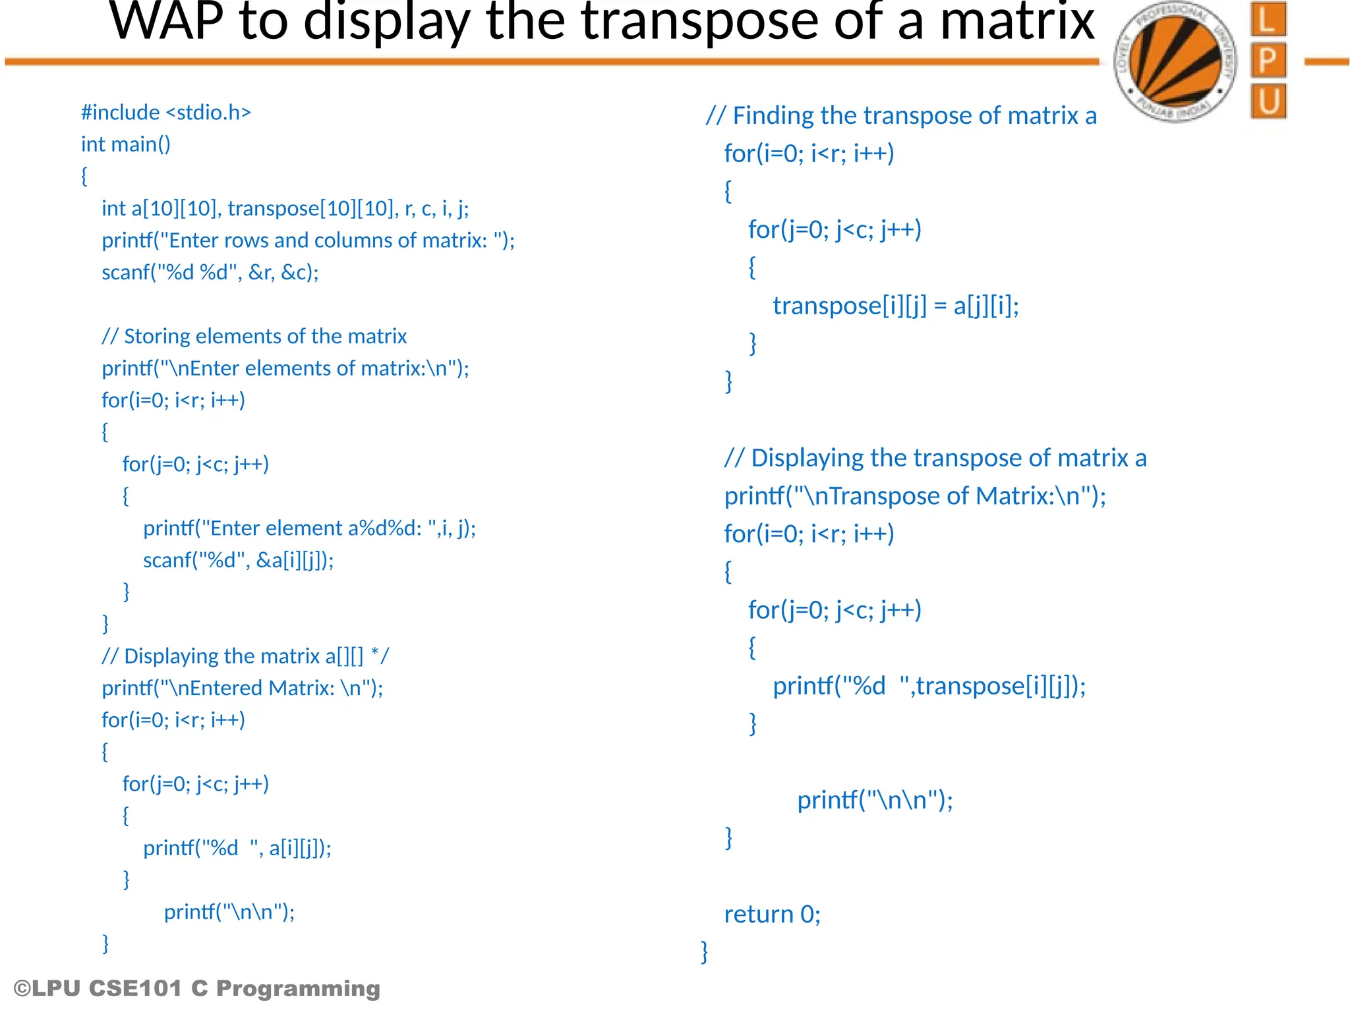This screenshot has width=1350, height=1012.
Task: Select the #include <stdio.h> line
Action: click(x=166, y=113)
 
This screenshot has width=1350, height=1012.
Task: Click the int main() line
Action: click(x=126, y=144)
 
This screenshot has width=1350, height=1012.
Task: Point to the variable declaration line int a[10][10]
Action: click(x=285, y=208)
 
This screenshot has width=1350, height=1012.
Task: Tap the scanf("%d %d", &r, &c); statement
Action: click(x=210, y=272)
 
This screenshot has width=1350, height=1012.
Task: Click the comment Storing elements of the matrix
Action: click(x=254, y=336)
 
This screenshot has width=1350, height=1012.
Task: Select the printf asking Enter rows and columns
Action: click(x=308, y=240)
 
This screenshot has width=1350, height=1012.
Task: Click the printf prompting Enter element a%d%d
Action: click(x=309, y=528)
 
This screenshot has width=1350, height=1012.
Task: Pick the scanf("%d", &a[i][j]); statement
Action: click(x=238, y=560)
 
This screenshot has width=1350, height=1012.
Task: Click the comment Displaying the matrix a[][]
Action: click(x=245, y=656)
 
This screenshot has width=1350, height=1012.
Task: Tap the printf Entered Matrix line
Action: click(x=242, y=688)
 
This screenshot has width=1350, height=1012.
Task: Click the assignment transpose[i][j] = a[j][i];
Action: click(x=895, y=306)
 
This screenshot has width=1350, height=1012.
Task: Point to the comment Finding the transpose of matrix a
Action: click(x=901, y=116)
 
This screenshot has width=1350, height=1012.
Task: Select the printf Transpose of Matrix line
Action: click(x=914, y=495)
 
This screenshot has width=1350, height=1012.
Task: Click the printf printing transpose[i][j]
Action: click(x=929, y=686)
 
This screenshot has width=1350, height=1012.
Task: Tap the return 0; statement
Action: click(x=772, y=914)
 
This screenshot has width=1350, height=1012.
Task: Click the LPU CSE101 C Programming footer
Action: click(x=197, y=988)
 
